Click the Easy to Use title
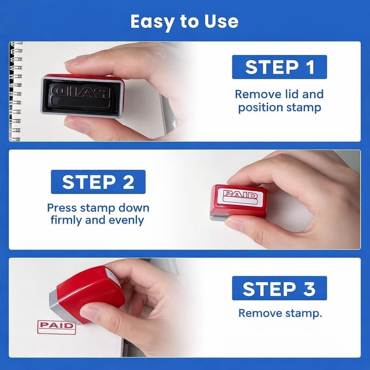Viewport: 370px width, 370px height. pos(184,22)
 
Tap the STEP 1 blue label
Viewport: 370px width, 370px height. pos(279,67)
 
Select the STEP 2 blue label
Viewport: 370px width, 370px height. pos(98,182)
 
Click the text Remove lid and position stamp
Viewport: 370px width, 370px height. pos(279,101)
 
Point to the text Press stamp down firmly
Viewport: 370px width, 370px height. pos(98,208)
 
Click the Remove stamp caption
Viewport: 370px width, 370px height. pos(280,313)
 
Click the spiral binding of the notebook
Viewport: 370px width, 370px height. pos(15,90)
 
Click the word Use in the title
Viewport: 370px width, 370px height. pos(221,22)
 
